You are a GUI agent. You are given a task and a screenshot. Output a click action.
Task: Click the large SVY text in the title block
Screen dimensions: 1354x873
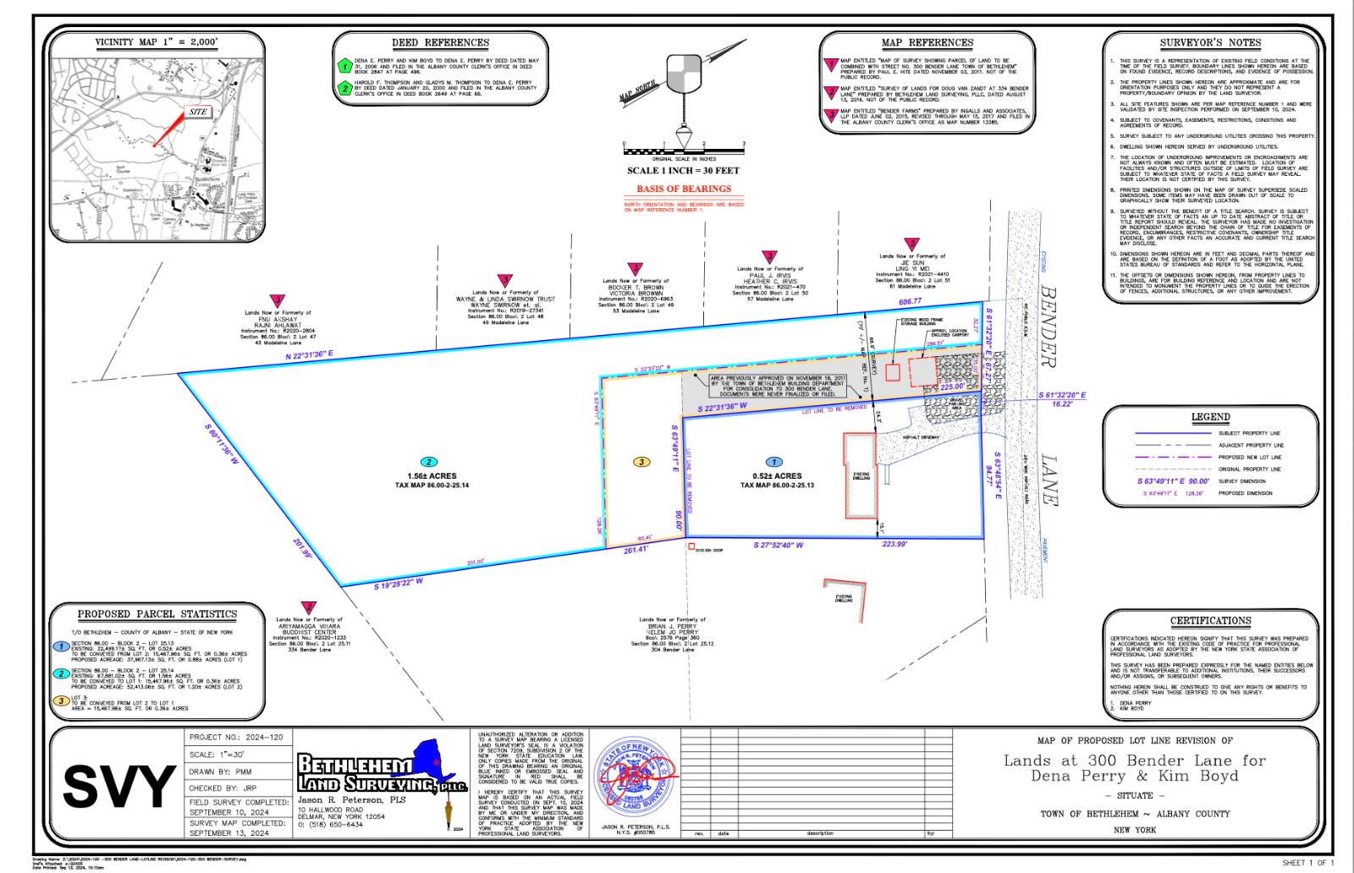(x=119, y=787)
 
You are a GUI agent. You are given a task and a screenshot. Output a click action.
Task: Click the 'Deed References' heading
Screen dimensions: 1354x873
(x=440, y=42)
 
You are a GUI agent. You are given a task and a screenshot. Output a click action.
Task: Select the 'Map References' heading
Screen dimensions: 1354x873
(x=927, y=42)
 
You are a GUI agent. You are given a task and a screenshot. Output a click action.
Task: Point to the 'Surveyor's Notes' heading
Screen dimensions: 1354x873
(x=1210, y=42)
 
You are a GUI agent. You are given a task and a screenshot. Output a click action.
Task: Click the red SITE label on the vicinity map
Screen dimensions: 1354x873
(x=198, y=112)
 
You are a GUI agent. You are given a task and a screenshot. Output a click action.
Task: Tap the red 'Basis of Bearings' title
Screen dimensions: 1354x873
(x=684, y=189)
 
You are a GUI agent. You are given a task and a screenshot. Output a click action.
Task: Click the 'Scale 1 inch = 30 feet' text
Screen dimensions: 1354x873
(x=683, y=171)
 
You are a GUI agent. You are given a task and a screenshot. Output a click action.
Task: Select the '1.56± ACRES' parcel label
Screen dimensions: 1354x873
(x=432, y=476)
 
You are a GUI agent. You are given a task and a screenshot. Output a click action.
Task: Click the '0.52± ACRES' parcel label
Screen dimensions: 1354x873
(x=777, y=476)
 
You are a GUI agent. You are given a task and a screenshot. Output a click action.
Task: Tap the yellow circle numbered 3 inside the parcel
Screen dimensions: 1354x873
(x=642, y=462)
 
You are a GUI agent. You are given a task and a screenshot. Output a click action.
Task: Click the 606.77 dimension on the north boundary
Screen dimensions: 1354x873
(x=911, y=302)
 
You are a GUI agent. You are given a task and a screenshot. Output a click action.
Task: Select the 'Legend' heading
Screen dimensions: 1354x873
(x=1210, y=417)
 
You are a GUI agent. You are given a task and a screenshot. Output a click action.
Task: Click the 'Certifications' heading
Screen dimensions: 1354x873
(x=1210, y=621)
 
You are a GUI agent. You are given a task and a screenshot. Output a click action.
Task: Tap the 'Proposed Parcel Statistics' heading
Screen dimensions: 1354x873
(x=157, y=614)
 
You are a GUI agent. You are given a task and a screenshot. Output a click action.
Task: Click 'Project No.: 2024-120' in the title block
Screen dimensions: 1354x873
(x=236, y=738)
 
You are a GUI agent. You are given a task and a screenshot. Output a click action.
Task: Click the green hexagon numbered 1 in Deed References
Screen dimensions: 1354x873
(x=344, y=65)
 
